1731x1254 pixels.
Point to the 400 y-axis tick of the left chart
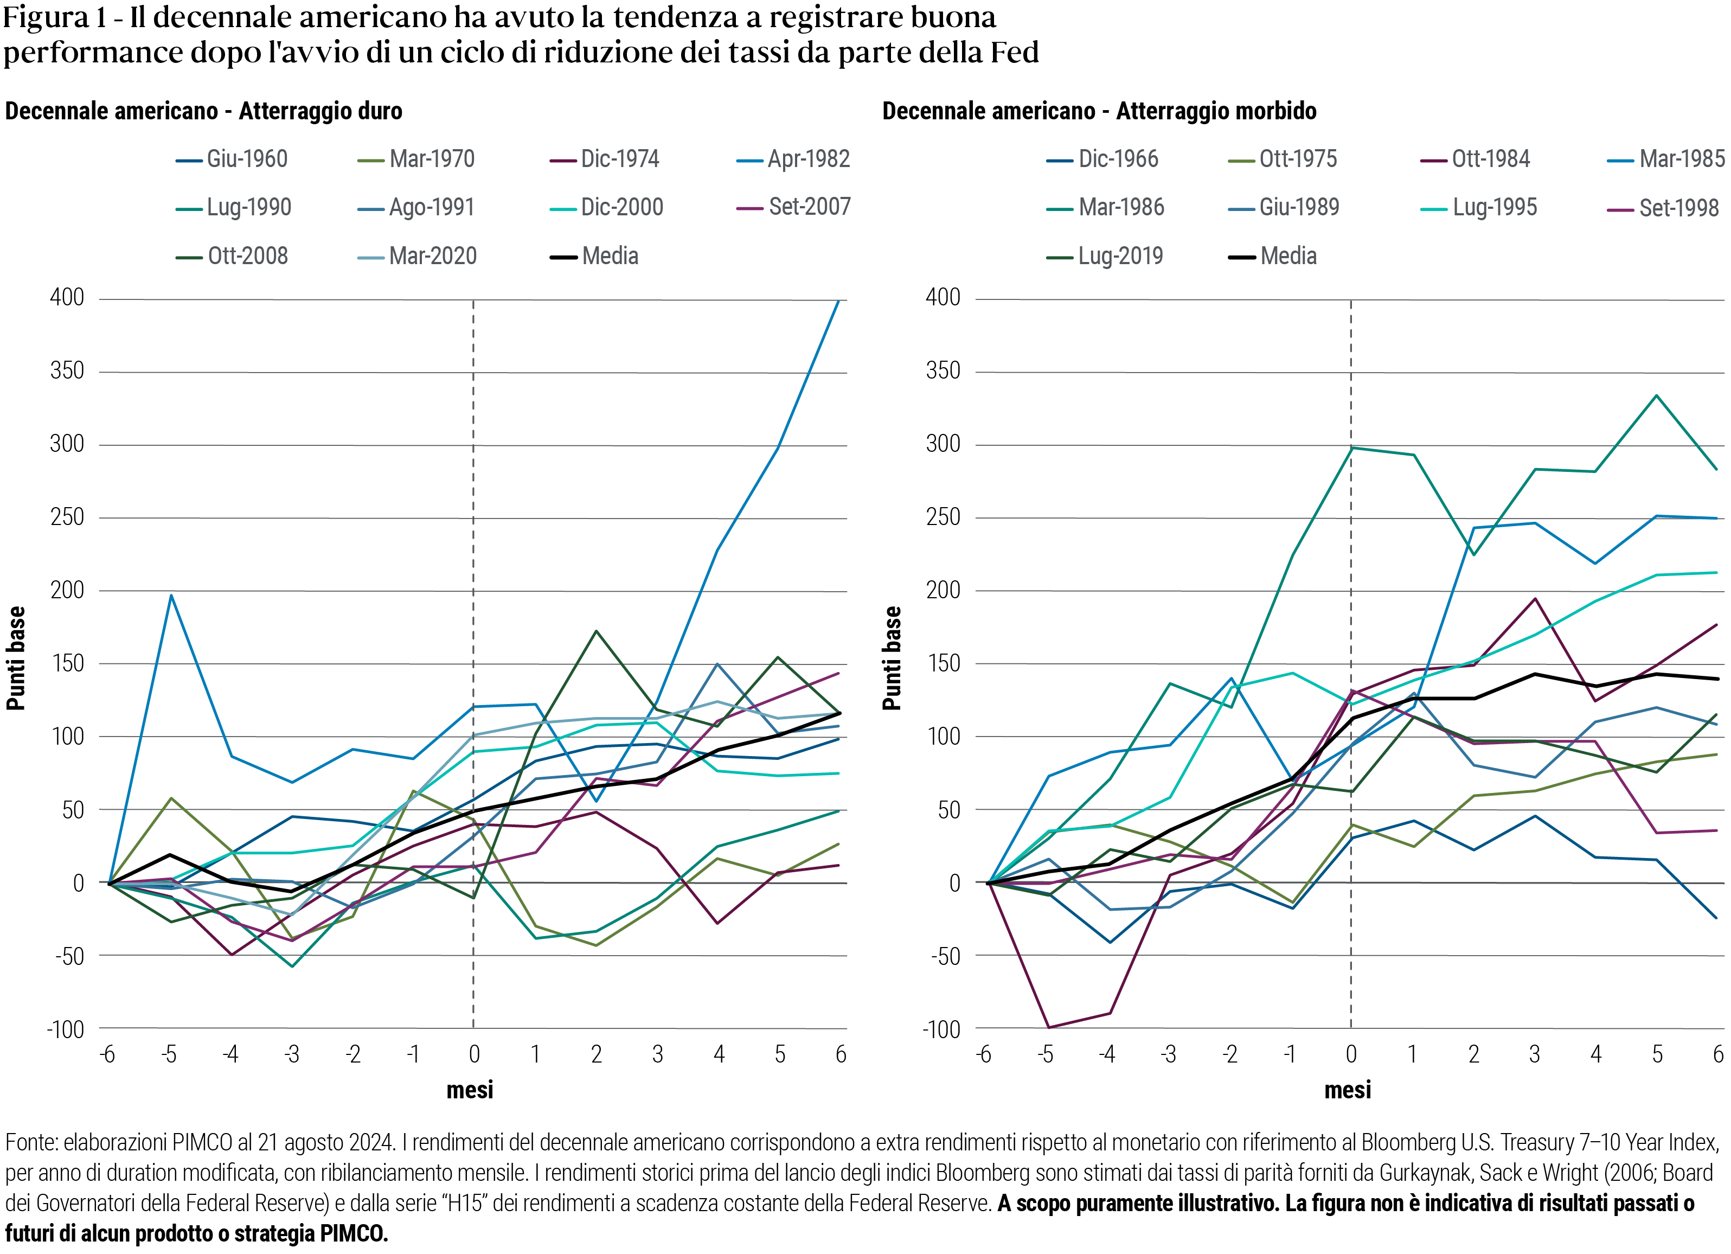coord(67,298)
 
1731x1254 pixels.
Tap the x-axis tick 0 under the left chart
coord(474,1055)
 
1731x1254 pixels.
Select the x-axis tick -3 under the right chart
coord(1167,1055)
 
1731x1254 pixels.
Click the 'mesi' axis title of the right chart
coord(1347,1090)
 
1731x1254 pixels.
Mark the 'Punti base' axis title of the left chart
coord(16,658)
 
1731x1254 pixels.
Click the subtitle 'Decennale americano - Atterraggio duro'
coord(204,111)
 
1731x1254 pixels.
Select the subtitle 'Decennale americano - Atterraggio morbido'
coord(1099,111)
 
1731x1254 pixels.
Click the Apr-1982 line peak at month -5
coord(171,596)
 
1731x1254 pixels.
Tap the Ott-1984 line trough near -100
coord(1048,1027)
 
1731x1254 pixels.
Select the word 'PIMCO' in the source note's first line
coord(202,1143)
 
